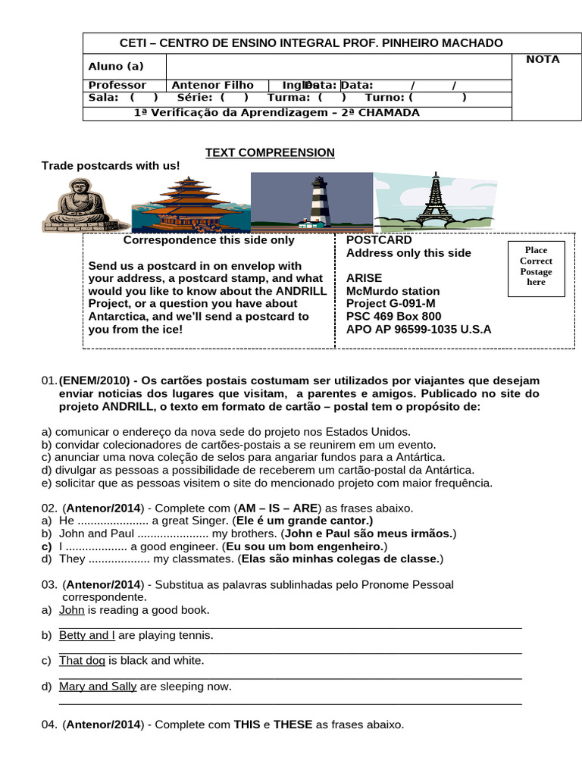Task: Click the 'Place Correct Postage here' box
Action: (536, 266)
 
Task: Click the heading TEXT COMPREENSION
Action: (270, 153)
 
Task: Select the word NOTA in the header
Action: (543, 59)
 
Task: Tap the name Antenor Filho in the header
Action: (213, 86)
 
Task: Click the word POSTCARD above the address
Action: (379, 240)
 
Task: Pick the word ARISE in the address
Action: (364, 278)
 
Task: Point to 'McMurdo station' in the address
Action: (393, 291)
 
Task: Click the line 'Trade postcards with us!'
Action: (111, 166)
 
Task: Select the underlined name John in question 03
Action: (72, 610)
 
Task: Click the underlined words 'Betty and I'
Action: (87, 635)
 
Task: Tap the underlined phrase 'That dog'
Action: (82, 661)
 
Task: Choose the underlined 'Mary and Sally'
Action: (98, 687)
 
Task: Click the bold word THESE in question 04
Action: (293, 724)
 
